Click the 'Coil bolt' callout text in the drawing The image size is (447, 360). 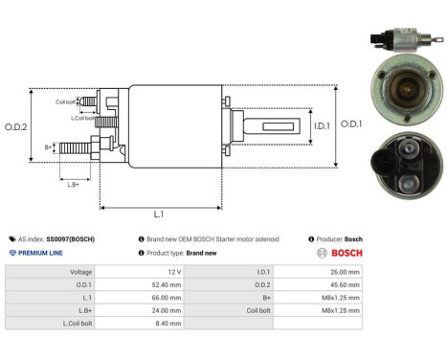[x=65, y=101]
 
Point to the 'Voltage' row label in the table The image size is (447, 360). [x=80, y=272]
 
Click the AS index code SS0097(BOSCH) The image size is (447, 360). [x=70, y=238]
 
